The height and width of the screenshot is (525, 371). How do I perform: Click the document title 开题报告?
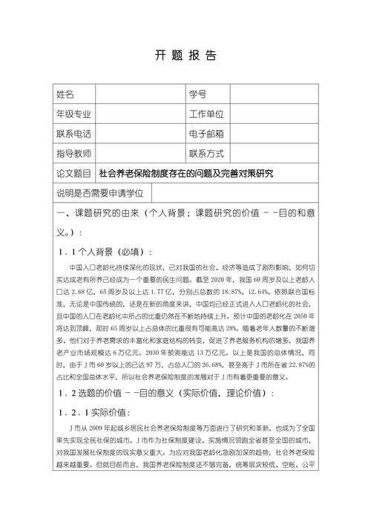[185, 55]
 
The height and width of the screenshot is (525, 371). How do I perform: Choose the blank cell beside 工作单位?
[275, 114]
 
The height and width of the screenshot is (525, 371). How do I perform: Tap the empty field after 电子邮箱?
[275, 134]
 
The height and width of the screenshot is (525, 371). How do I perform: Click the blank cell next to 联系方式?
[275, 154]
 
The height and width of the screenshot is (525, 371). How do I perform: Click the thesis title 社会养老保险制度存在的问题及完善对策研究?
[186, 174]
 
